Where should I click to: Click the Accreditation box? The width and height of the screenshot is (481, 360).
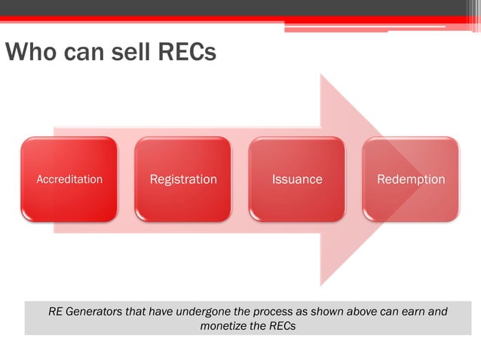pyautogui.click(x=69, y=179)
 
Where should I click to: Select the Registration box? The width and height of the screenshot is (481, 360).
pyautogui.click(x=183, y=179)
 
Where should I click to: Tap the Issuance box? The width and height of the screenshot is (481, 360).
pyautogui.click(x=297, y=179)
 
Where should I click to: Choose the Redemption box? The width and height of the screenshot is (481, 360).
pyautogui.click(x=411, y=179)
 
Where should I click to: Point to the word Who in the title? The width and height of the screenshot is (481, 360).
pyautogui.click(x=28, y=53)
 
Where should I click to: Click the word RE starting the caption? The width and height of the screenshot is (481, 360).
pyautogui.click(x=55, y=311)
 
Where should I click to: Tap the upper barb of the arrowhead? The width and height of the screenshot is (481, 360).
pyautogui.click(x=323, y=83)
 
